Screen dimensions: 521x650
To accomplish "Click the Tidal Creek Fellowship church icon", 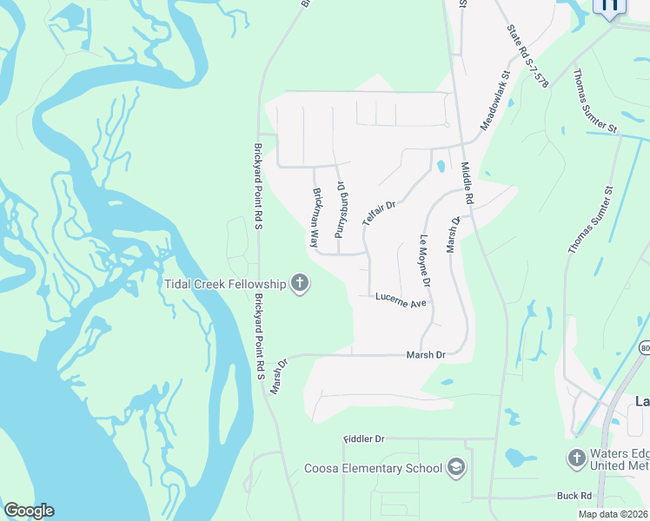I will (300, 283).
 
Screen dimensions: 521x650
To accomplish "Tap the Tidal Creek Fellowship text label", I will (226, 284).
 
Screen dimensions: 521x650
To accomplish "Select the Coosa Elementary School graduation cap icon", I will (455, 469).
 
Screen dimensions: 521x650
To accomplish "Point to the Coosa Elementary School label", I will (374, 469).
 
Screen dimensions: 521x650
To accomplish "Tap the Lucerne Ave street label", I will (401, 300).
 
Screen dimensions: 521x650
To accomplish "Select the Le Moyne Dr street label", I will (425, 261).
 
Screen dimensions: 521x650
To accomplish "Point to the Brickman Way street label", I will (317, 218).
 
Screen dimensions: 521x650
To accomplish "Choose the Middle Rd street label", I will (468, 184).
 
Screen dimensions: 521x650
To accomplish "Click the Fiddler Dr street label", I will (363, 439).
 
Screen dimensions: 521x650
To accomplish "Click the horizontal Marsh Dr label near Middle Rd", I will (426, 355).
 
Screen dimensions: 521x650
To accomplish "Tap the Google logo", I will (29, 511).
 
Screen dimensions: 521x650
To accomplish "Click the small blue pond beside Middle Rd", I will (441, 165).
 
